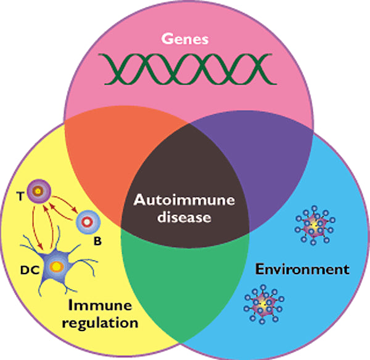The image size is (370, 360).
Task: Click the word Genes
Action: click(x=184, y=39)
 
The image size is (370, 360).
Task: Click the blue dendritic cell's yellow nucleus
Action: click(x=56, y=267)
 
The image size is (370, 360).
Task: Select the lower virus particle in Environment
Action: click(x=262, y=302)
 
